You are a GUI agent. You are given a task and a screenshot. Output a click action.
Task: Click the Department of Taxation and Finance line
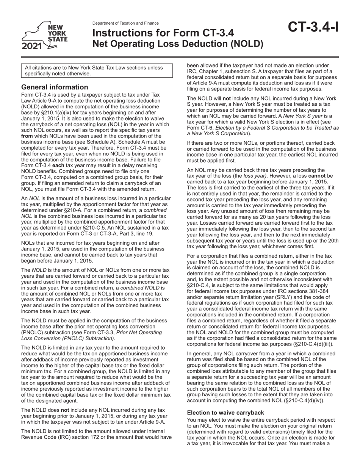(125, 23)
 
